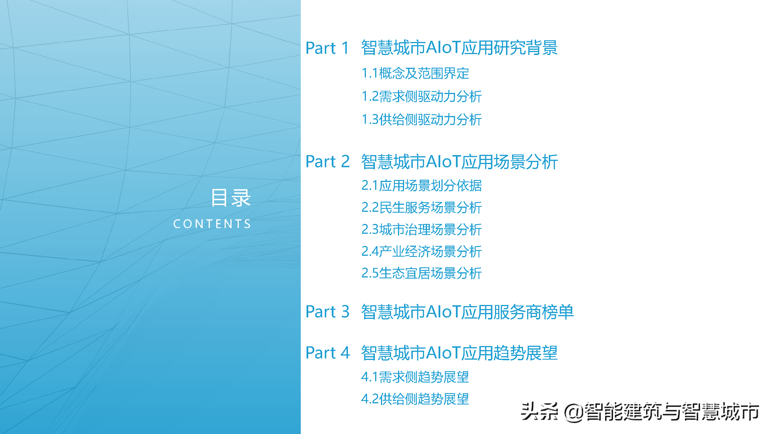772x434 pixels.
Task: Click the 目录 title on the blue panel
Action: point(231,198)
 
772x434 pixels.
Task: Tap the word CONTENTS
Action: point(212,224)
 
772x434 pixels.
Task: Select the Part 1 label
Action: point(327,48)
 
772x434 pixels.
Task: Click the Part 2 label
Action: point(328,162)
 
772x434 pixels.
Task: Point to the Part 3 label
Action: point(328,312)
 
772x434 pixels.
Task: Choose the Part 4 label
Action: point(328,353)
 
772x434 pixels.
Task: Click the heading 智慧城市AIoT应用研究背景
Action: point(459,48)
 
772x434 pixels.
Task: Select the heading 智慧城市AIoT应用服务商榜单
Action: point(467,312)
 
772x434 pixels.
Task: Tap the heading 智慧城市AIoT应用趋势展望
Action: point(459,353)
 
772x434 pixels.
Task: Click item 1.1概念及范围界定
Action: point(415,73)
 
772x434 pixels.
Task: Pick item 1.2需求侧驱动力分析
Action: point(422,96)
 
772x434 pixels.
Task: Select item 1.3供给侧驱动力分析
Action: point(422,119)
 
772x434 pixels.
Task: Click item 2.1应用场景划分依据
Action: point(422,185)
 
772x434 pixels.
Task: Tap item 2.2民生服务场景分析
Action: point(422,207)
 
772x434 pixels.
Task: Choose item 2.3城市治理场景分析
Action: point(422,229)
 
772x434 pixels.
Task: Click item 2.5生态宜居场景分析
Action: point(422,273)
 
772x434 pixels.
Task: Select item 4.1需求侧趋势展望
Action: point(415,377)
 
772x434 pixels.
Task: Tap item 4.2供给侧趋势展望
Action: point(415,399)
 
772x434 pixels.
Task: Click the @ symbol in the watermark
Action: point(574,412)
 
